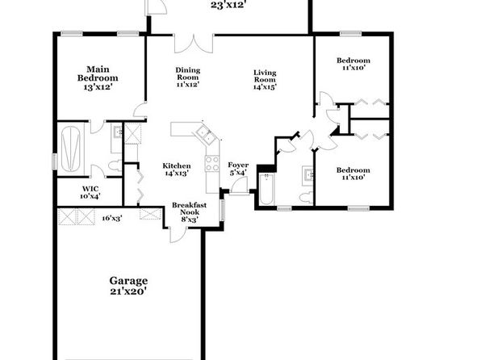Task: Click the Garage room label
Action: (128, 286)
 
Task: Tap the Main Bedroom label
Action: (98, 78)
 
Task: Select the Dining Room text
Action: (188, 77)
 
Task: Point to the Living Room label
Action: (265, 79)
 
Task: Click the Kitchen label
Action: (177, 170)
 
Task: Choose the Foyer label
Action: (238, 169)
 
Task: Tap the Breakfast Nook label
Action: (189, 212)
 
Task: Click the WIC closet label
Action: (90, 192)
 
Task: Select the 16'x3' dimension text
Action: (112, 218)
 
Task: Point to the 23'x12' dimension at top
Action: (228, 4)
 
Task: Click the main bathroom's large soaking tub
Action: (71, 149)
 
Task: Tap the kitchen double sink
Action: (206, 136)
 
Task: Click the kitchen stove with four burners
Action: (212, 164)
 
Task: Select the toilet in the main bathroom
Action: (115, 165)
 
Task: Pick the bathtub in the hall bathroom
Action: (266, 189)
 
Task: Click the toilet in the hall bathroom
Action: (306, 197)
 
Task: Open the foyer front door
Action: (239, 186)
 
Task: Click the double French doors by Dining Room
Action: (194, 44)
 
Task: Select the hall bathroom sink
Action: (307, 176)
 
